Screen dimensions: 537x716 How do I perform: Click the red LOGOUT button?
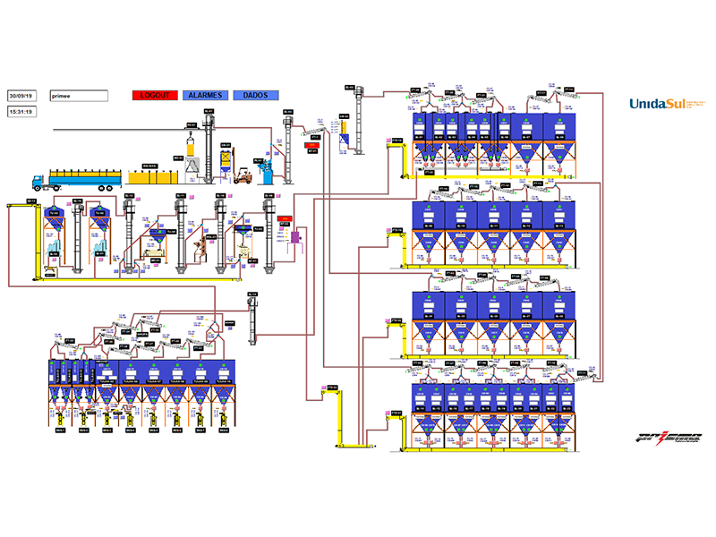(x=156, y=95)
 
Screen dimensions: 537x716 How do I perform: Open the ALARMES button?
(x=206, y=95)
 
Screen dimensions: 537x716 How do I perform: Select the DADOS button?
(x=256, y=95)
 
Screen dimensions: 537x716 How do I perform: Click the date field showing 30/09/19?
(x=21, y=95)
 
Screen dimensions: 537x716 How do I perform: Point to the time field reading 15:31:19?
(x=21, y=112)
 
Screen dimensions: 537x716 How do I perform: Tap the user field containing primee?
(x=79, y=95)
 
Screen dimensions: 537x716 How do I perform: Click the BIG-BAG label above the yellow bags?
(x=149, y=166)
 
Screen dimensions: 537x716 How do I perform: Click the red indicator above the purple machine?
(x=286, y=218)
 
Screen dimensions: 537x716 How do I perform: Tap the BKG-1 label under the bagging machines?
(x=59, y=430)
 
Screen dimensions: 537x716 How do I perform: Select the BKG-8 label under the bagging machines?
(x=223, y=430)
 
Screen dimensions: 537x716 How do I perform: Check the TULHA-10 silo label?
(x=223, y=380)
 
